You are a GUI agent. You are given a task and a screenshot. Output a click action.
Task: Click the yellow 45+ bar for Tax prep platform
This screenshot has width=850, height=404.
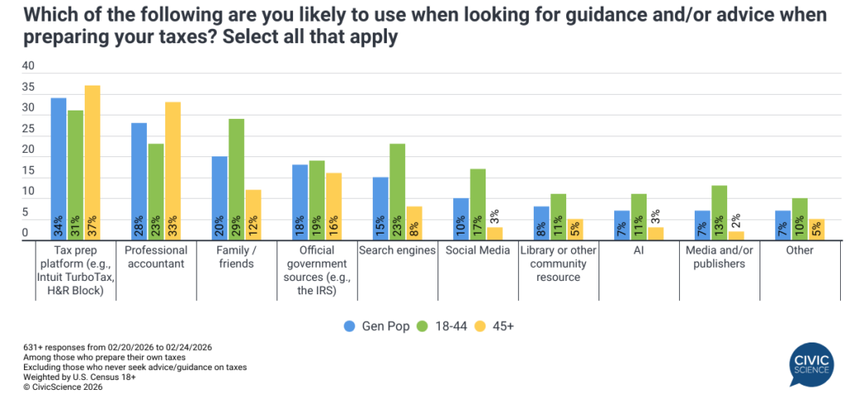pos(91,163)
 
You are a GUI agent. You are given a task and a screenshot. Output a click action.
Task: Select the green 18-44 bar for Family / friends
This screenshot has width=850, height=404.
pos(237,180)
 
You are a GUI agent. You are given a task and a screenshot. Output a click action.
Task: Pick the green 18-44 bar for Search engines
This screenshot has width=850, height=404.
pos(397,192)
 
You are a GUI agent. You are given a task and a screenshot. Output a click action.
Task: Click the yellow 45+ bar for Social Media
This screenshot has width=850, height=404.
pos(494,234)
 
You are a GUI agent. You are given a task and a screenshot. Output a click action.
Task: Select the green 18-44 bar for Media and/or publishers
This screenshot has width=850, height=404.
pos(719,213)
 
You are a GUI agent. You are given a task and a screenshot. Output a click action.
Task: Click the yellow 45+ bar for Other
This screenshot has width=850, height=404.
pos(815,229)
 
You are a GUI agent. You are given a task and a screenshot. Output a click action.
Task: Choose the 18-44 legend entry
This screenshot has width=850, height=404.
pos(443,326)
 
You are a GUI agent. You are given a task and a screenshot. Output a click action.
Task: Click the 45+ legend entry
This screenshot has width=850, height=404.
pos(496,326)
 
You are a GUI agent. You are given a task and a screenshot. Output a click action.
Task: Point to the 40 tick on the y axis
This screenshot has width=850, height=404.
pos(28,67)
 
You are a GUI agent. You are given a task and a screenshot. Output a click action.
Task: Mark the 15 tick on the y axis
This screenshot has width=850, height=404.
pos(28,171)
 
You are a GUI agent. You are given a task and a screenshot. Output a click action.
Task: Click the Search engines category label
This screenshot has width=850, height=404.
pos(397,250)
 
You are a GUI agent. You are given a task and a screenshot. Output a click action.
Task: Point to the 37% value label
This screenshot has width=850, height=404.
pos(91,224)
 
